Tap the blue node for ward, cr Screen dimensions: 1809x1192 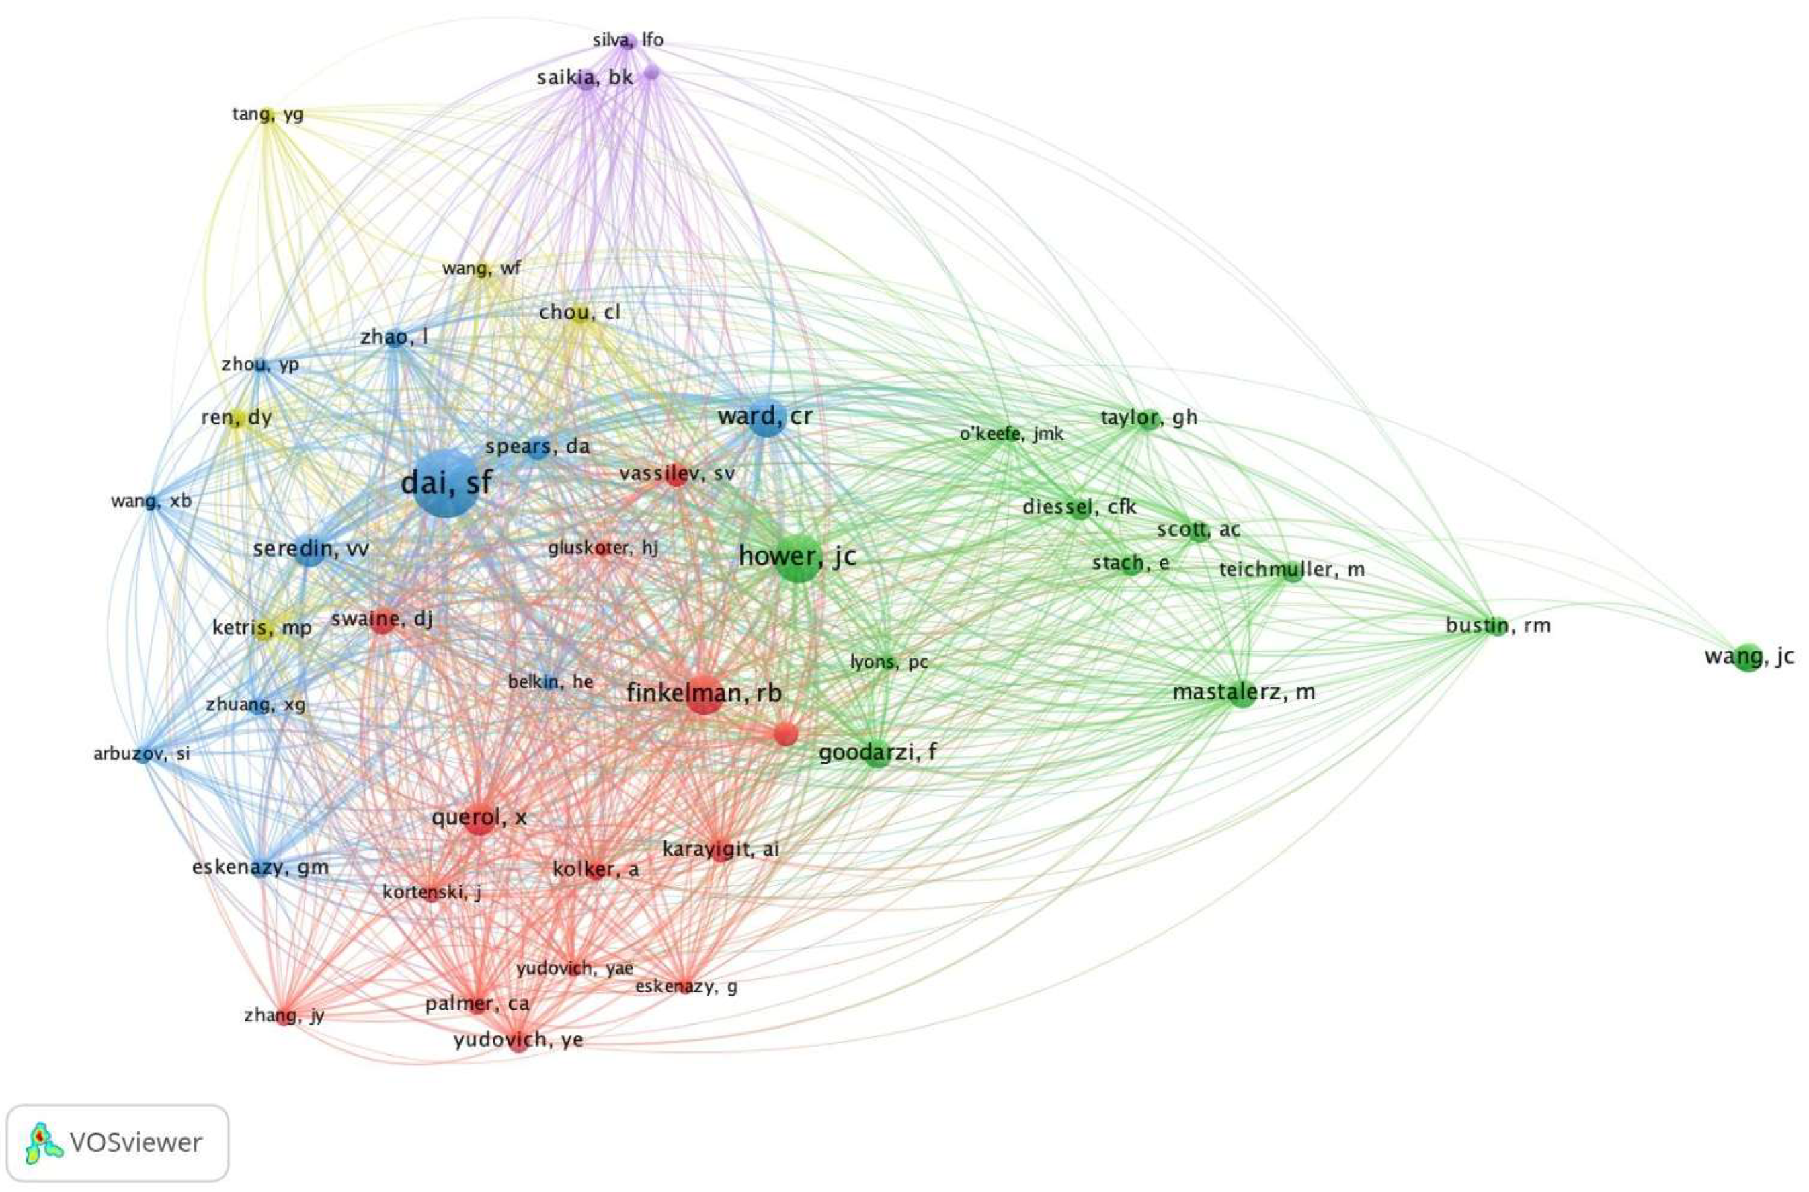pos(766,417)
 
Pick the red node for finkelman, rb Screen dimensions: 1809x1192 pos(704,693)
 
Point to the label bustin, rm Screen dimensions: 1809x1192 pos(1497,626)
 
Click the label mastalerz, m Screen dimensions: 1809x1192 pos(1244,692)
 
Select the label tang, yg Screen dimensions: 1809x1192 pos(268,115)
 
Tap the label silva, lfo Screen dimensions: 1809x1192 pos(628,40)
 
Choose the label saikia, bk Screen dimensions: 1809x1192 pos(584,77)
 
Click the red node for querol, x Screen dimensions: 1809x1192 pos(479,818)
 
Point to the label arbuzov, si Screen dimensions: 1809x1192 pos(142,754)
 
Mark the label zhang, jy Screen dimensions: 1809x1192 pos(284,1016)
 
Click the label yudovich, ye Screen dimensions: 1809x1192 pos(518,1039)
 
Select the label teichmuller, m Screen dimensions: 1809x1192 pos(1291,570)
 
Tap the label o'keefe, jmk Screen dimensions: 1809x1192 pos(1011,434)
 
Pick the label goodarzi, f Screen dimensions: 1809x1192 pos(877,752)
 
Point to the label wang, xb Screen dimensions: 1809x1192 pos(151,501)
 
